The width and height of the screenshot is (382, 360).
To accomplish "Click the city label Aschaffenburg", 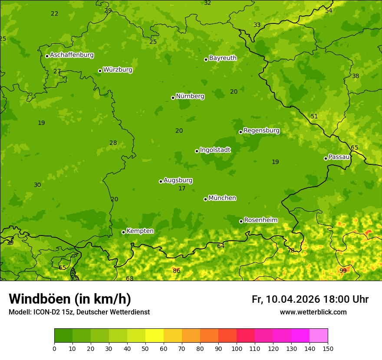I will pyautogui.click(x=72, y=55).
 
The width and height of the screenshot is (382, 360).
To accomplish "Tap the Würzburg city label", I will pyautogui.click(x=118, y=70).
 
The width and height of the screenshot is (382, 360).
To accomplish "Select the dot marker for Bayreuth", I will pyautogui.click(x=206, y=59).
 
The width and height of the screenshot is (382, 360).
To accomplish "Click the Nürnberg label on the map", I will pyautogui.click(x=190, y=96).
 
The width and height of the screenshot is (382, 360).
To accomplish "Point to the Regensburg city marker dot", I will pyautogui.click(x=240, y=132).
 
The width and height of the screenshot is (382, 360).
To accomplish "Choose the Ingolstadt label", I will pyautogui.click(x=215, y=150).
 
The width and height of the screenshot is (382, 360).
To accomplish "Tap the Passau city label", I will pyautogui.click(x=339, y=157).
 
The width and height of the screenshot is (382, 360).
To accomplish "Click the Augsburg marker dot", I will pyautogui.click(x=161, y=181).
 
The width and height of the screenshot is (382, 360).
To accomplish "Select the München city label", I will pyautogui.click(x=222, y=198).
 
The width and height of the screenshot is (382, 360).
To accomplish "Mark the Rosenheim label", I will pyautogui.click(x=260, y=220).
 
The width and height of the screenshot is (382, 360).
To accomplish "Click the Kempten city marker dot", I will pyautogui.click(x=123, y=232).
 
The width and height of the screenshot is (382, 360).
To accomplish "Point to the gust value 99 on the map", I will pyautogui.click(x=343, y=271).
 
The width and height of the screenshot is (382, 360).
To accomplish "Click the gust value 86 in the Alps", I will pyautogui.click(x=176, y=271).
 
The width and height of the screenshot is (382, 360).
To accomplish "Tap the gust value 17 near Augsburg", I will pyautogui.click(x=182, y=189).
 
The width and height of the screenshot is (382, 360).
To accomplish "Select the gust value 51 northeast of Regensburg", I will pyautogui.click(x=314, y=117).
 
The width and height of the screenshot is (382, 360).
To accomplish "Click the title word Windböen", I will pyautogui.click(x=40, y=299).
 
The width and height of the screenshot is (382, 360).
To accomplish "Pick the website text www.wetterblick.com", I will pyautogui.click(x=313, y=312).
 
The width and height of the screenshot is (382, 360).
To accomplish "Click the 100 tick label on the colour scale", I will pyautogui.click(x=237, y=348).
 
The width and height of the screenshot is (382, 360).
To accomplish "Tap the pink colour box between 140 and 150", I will pyautogui.click(x=319, y=335).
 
